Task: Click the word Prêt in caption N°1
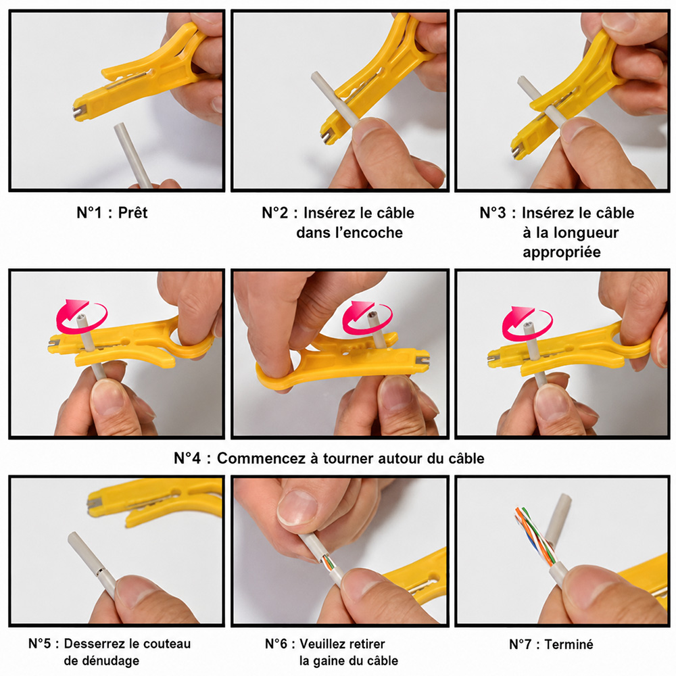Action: pos(132,212)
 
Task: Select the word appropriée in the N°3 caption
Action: pos(561,252)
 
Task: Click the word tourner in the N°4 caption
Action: pos(349,458)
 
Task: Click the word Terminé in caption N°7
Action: pos(569,644)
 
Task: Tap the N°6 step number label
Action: pos(276,644)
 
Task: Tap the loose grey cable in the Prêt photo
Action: pos(132,155)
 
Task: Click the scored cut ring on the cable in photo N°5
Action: pos(100,572)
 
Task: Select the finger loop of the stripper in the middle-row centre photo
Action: pos(276,375)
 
